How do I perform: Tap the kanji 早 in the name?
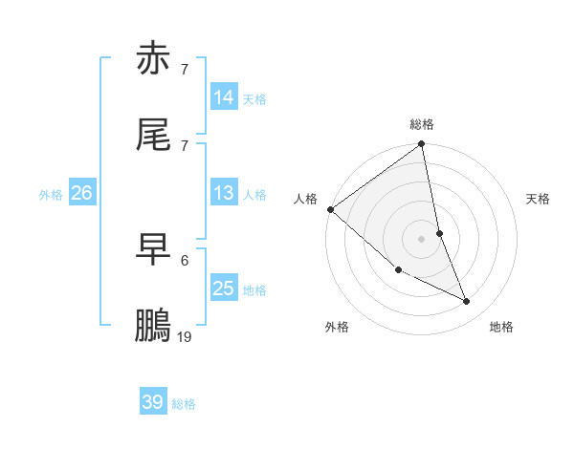[154, 249]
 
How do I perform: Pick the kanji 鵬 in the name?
[154, 326]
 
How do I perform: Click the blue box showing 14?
[224, 97]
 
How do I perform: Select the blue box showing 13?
[224, 193]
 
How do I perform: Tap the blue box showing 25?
[224, 289]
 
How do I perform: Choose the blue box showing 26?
[82, 193]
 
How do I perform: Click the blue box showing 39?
[153, 402]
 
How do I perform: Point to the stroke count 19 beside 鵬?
[185, 336]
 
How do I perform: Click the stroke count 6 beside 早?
[185, 260]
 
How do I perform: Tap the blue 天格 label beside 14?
[254, 99]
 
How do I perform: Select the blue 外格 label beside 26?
[51, 195]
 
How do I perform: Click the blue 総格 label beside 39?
[184, 404]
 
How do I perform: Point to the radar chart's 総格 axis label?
[422, 124]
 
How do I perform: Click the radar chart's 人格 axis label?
[305, 199]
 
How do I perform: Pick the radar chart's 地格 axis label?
[501, 328]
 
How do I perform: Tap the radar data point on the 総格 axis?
[422, 145]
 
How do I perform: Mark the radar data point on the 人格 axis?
[330, 209]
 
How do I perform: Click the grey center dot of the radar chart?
[422, 238]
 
